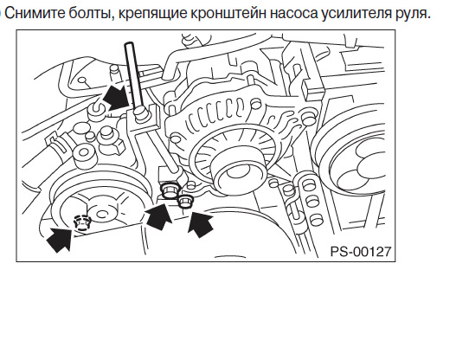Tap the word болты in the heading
tap(92, 13)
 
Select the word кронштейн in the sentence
tap(228, 14)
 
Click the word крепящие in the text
tap(152, 14)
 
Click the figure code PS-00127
tap(361, 251)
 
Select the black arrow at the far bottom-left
tap(61, 238)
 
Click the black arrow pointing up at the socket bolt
tap(158, 216)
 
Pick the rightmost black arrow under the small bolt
tap(201, 224)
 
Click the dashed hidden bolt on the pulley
tap(81, 223)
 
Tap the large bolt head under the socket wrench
tap(170, 191)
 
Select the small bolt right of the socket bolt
tap(185, 201)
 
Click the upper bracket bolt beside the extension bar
tap(140, 113)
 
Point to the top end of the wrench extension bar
tap(130, 44)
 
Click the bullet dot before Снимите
tap(1, 14)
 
